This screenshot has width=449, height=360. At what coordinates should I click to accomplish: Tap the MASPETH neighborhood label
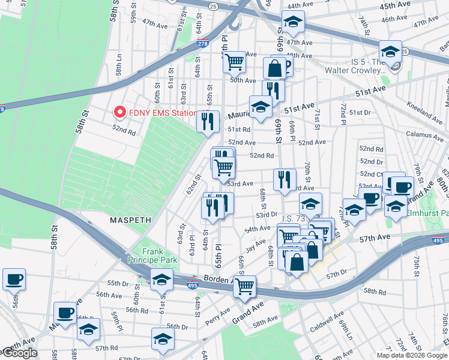point(130,220)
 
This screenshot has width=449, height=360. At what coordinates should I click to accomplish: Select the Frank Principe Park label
point(152,256)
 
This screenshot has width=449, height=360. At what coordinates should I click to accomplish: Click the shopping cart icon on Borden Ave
point(244,287)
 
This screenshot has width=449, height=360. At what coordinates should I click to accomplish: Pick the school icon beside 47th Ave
point(293,22)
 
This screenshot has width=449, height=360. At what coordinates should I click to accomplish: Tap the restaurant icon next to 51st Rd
point(208,121)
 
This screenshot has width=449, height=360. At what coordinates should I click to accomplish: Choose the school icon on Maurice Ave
point(261,107)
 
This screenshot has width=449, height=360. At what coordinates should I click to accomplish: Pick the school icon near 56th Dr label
point(163,339)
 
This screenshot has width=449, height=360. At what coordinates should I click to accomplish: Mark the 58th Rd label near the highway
point(374,291)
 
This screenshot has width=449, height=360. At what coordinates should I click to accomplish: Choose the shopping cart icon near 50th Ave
point(234,62)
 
